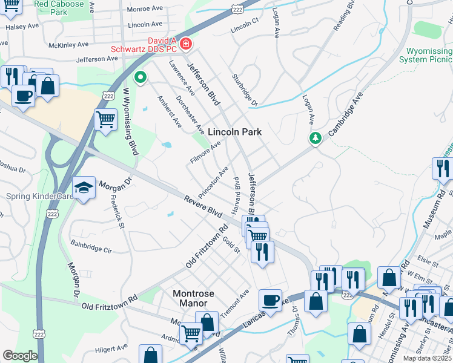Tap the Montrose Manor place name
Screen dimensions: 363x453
(194, 298)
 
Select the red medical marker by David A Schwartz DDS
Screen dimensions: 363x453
(185, 44)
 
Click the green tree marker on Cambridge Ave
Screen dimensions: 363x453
(315, 139)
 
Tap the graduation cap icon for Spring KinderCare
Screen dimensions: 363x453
(84, 189)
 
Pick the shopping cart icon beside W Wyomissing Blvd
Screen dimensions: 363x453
(105, 120)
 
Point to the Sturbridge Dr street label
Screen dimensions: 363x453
(245, 91)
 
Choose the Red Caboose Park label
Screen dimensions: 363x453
(59, 7)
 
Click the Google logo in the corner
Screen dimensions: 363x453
(20, 356)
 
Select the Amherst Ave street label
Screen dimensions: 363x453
(170, 111)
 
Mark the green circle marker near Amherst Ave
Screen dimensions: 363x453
(141, 77)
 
